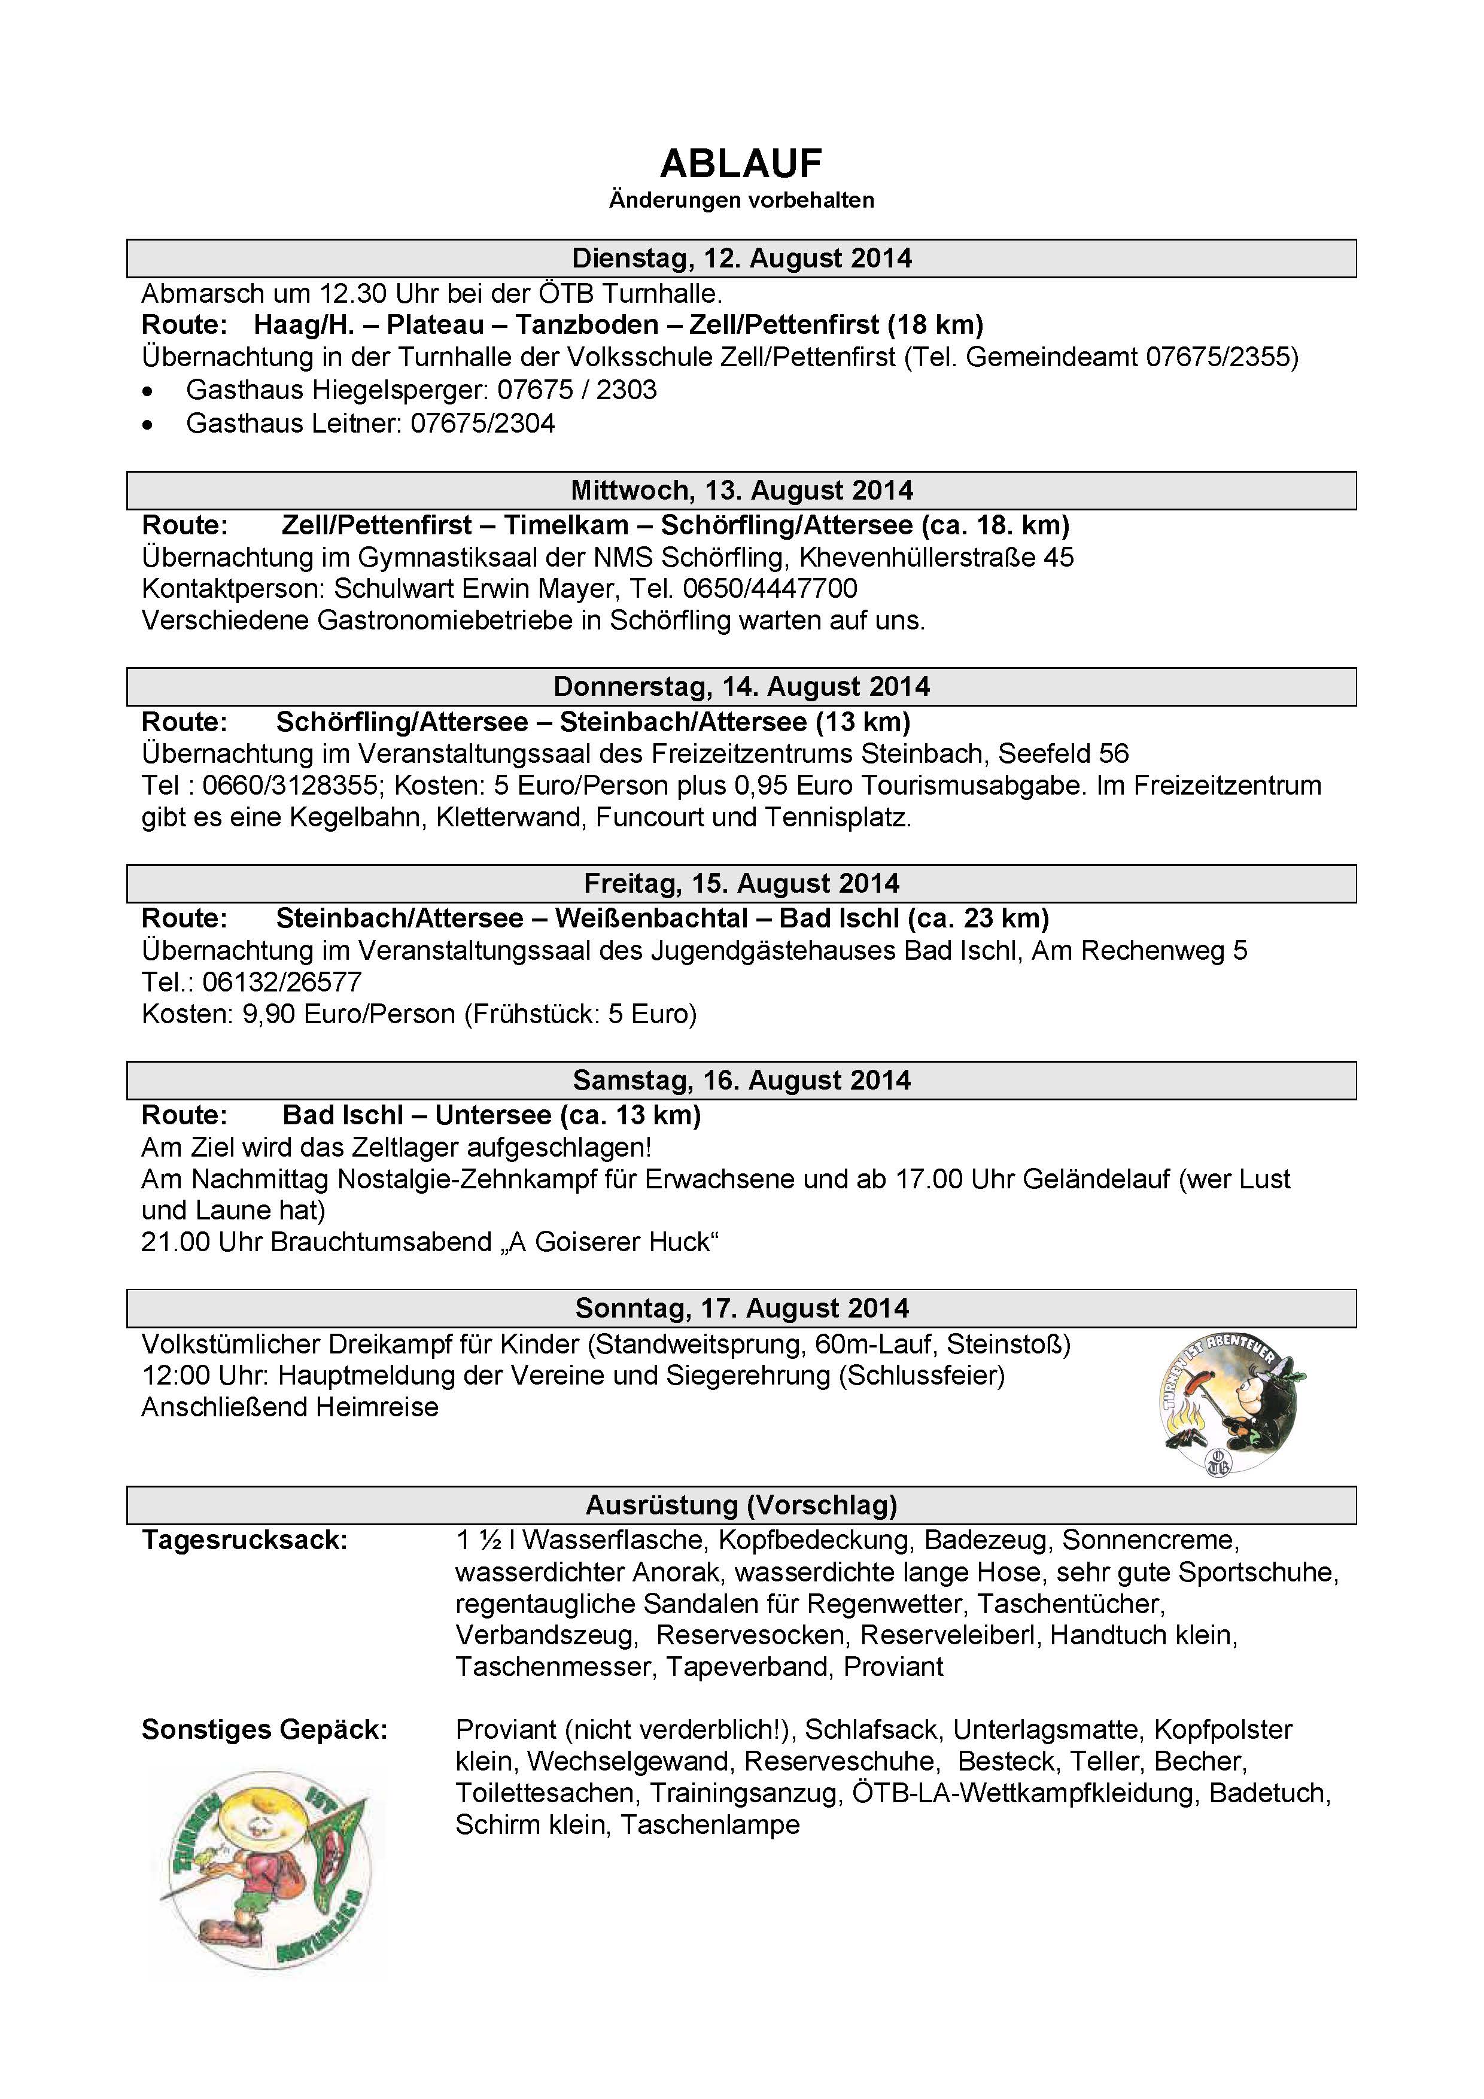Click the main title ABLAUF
(x=741, y=165)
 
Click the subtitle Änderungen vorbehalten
(x=741, y=200)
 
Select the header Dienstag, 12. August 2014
(x=741, y=258)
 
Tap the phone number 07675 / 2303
(x=577, y=390)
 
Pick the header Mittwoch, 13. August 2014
(x=741, y=491)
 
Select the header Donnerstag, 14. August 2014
(x=741, y=688)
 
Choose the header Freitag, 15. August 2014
(x=741, y=884)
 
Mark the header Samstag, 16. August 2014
(x=741, y=1081)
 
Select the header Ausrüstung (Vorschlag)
(x=741, y=1505)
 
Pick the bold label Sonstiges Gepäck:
(x=264, y=1730)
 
